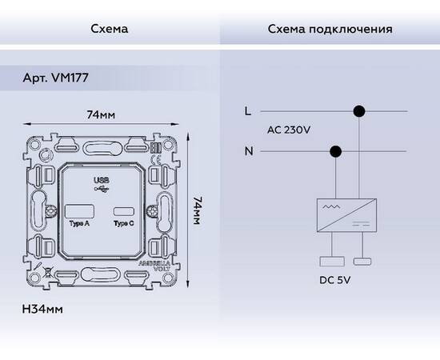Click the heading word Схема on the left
pyautogui.click(x=110, y=30)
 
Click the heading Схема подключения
pyautogui.click(x=330, y=30)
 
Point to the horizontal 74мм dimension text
pyautogui.click(x=101, y=116)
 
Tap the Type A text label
pyautogui.click(x=78, y=224)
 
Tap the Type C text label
pyautogui.click(x=122, y=224)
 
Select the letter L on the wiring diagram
pyautogui.click(x=247, y=111)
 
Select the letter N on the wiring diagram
pyautogui.click(x=247, y=150)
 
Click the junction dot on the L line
pyautogui.click(x=360, y=111)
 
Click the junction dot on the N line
pyautogui.click(x=336, y=150)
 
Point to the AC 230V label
pyautogui.click(x=288, y=130)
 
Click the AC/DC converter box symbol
pyautogui.click(x=347, y=214)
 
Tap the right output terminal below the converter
pyautogui.click(x=363, y=260)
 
